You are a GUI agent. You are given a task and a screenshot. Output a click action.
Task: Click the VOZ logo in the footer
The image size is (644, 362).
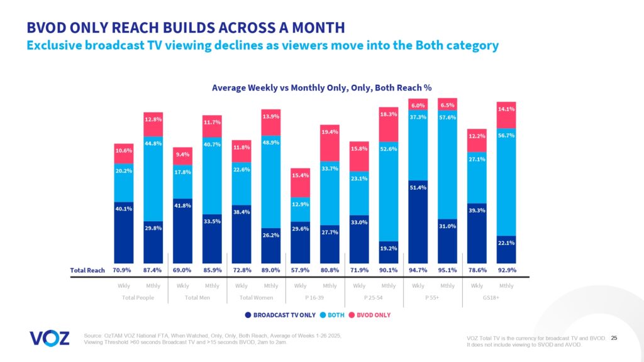[49, 338]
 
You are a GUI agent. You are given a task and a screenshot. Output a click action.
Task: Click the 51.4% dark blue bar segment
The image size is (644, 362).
[418, 220]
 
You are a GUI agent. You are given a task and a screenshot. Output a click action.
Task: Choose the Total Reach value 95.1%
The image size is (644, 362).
[447, 270]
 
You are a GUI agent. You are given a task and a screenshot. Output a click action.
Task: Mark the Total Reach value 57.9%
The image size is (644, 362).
[300, 270]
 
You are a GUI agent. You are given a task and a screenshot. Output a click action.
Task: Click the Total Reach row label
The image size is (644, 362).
[86, 270]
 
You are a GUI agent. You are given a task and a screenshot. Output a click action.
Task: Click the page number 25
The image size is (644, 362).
[614, 338]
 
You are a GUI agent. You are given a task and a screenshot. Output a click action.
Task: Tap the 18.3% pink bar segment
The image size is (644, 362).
[388, 124]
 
